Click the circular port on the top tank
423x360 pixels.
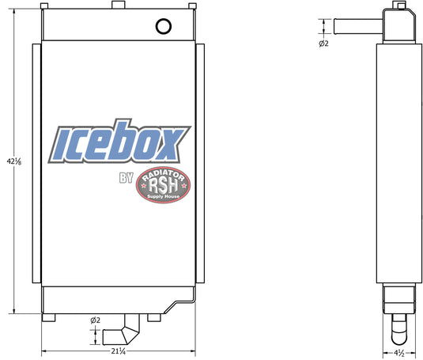[164, 26]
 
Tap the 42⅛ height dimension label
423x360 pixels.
[14, 161]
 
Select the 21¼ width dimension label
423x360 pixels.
[119, 351]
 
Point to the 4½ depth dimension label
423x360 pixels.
[399, 353]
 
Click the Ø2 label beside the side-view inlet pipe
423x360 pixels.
[323, 44]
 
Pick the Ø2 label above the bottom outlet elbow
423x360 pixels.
[95, 320]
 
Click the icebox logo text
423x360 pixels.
[119, 141]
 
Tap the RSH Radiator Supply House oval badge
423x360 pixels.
[163, 184]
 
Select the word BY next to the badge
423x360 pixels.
[127, 177]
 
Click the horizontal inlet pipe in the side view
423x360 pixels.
[358, 26]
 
